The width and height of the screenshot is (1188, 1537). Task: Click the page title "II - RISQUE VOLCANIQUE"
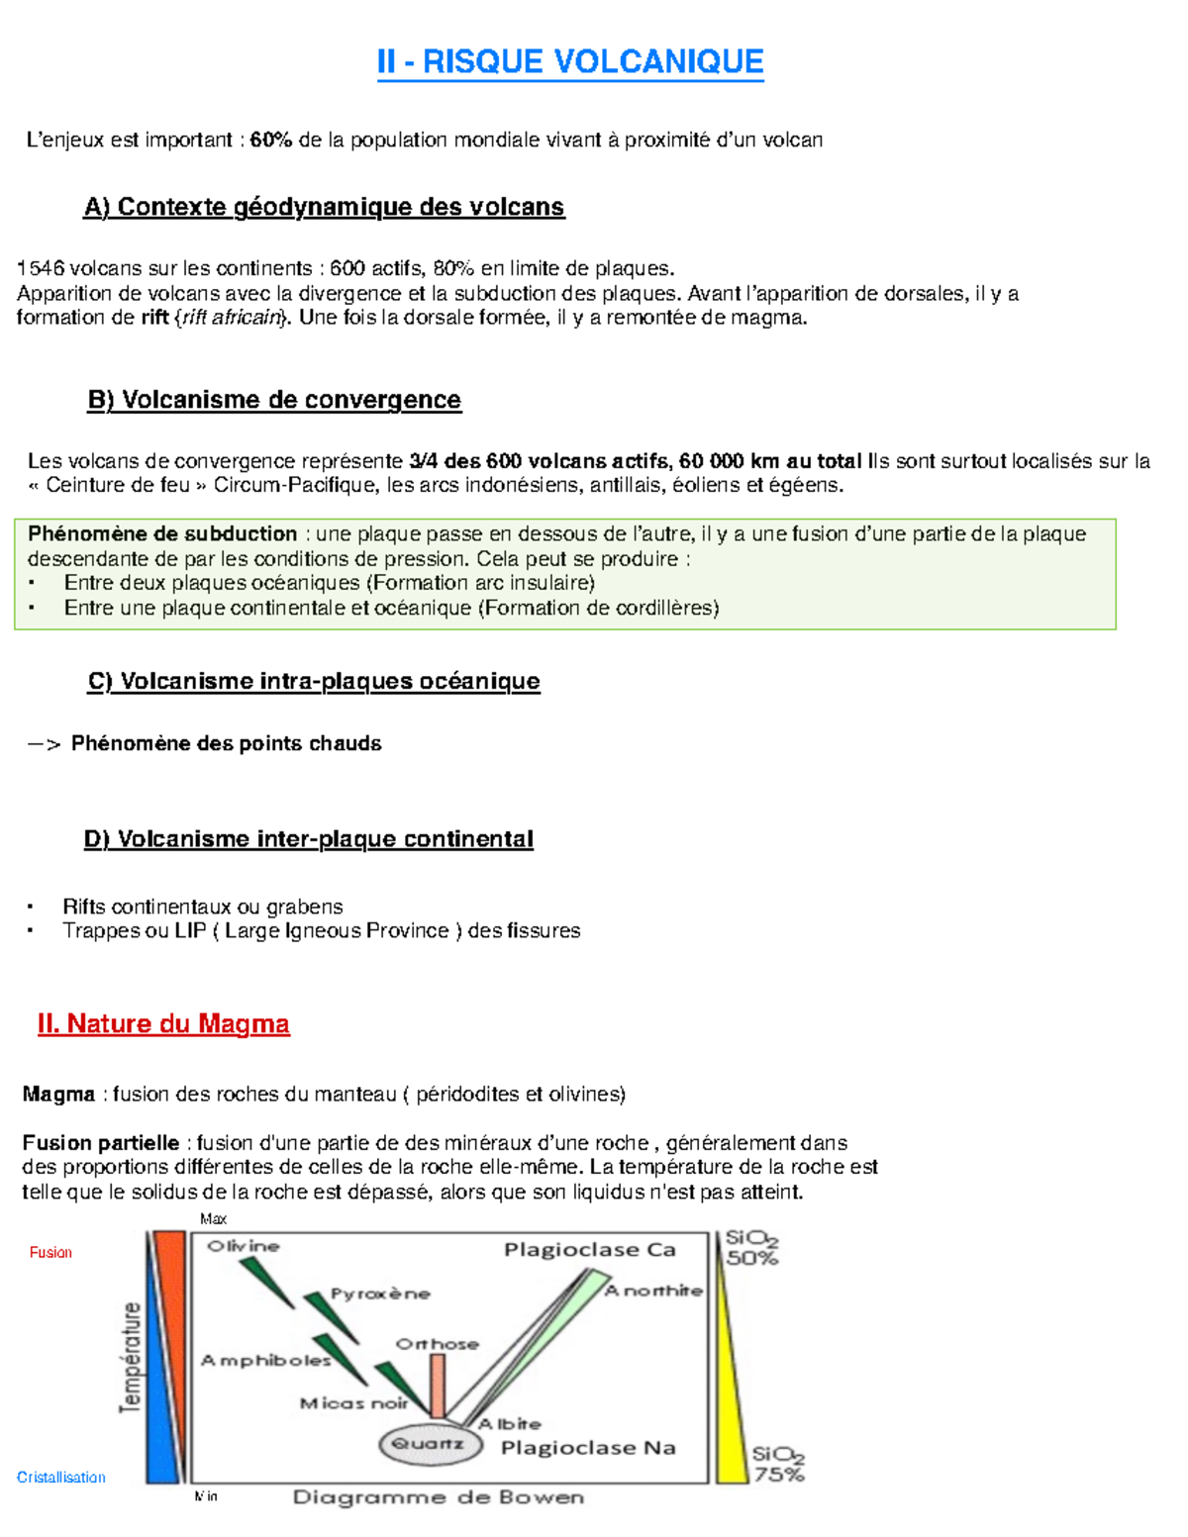(x=570, y=61)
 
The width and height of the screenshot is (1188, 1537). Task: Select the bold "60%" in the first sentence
(x=270, y=140)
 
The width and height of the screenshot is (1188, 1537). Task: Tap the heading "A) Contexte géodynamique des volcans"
(x=324, y=207)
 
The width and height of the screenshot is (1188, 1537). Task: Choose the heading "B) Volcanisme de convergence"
(x=274, y=400)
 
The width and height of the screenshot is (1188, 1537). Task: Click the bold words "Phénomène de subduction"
(x=162, y=534)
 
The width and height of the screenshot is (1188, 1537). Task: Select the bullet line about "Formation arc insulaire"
(x=329, y=583)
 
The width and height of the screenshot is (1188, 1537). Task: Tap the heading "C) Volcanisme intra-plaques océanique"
(x=314, y=681)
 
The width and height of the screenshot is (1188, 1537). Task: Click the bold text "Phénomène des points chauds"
(x=226, y=743)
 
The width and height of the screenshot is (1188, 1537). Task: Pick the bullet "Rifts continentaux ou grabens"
(x=202, y=907)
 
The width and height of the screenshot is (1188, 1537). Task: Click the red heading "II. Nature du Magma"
(x=163, y=1023)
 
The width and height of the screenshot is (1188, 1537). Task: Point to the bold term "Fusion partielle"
(x=101, y=1143)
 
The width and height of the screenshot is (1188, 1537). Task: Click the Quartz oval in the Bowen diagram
(x=430, y=1444)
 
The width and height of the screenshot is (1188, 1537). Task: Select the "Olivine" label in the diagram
(x=244, y=1246)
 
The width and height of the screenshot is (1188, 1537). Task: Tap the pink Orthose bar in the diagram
(x=437, y=1386)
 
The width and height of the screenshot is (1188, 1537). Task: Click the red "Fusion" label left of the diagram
(x=50, y=1253)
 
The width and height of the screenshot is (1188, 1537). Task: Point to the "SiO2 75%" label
(x=778, y=1465)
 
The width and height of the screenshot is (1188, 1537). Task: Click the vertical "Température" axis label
(x=131, y=1358)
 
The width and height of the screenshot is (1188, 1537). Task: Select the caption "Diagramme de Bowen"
(x=438, y=1497)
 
